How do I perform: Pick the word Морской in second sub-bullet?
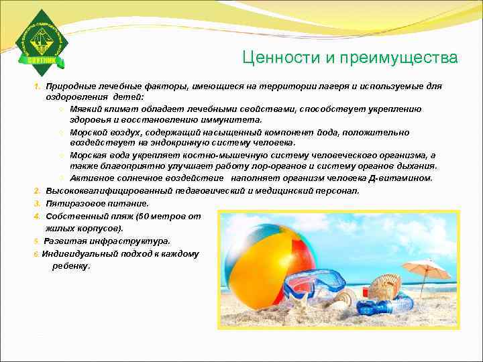[x=87, y=132]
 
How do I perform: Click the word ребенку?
[x=70, y=265]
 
